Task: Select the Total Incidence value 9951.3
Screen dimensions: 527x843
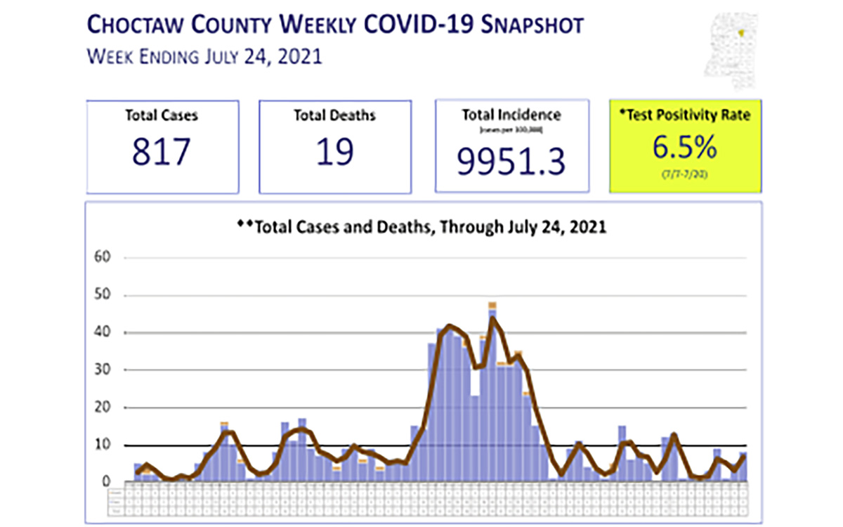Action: coord(511,162)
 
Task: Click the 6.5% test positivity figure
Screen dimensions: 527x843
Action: coord(684,148)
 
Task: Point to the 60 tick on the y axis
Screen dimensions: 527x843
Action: coord(103,257)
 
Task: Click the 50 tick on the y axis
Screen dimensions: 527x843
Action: coord(103,295)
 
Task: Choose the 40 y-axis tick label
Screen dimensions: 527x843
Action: coord(103,332)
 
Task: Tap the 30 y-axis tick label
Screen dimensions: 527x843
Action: coord(103,370)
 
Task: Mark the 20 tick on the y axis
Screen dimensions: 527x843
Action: coord(103,408)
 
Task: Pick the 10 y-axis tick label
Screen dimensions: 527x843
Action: coord(103,445)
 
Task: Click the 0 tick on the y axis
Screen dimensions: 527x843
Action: coord(107,482)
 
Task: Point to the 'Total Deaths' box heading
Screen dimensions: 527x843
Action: coord(334,115)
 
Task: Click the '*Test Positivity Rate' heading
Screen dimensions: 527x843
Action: coord(684,115)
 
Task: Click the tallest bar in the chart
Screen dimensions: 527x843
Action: coord(492,393)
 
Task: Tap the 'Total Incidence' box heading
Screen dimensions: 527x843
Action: coord(511,115)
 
